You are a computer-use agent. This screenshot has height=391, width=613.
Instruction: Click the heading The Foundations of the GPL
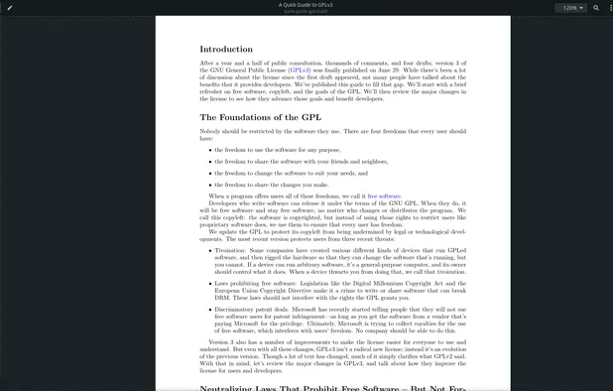[260, 117]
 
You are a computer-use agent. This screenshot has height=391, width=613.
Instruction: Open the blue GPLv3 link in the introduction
[300, 70]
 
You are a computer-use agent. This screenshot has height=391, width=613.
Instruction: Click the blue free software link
[384, 196]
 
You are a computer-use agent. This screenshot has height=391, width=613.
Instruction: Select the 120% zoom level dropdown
[572, 7]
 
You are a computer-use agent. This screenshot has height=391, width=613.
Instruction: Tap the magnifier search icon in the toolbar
[596, 7]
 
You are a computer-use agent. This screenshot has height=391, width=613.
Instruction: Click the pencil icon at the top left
[10, 7]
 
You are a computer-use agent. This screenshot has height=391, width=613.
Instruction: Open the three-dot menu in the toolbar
[609, 7]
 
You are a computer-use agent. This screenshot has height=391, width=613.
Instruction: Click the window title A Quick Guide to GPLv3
[306, 5]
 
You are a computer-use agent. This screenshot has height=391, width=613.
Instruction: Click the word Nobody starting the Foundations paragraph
[211, 130]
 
